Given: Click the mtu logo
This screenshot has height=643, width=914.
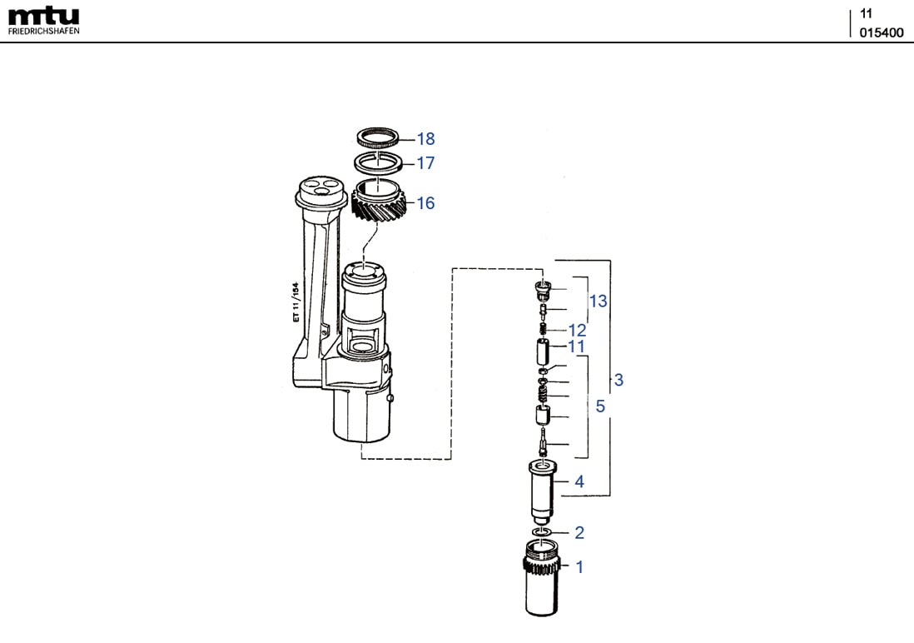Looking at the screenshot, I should pyautogui.click(x=43, y=16).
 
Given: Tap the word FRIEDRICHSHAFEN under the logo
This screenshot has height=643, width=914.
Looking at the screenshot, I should pyautogui.click(x=44, y=31).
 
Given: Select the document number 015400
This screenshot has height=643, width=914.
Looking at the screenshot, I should pyautogui.click(x=881, y=32).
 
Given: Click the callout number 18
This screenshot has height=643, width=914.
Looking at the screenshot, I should pyautogui.click(x=425, y=139).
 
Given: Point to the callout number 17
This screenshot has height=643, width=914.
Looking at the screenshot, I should pyautogui.click(x=425, y=163).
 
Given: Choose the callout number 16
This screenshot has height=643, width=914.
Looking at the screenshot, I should pyautogui.click(x=425, y=203).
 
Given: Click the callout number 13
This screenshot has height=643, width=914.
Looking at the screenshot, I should pyautogui.click(x=599, y=301).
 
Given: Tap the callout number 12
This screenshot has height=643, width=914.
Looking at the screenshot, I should pyautogui.click(x=578, y=331).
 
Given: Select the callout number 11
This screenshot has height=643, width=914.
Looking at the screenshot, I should pyautogui.click(x=577, y=346).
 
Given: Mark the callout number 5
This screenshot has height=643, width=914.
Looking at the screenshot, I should pyautogui.click(x=600, y=407).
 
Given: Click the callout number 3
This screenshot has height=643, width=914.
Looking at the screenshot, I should pyautogui.click(x=618, y=381).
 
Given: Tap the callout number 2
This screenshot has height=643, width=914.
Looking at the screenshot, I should pyautogui.click(x=579, y=532).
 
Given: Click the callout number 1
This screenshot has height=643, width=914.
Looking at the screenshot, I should pyautogui.click(x=579, y=567).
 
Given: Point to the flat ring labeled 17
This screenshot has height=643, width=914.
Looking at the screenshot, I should pyautogui.click(x=379, y=161).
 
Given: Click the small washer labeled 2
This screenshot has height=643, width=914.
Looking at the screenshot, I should pyautogui.click(x=541, y=531).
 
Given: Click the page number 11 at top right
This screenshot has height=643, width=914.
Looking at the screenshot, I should pyautogui.click(x=867, y=13).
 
